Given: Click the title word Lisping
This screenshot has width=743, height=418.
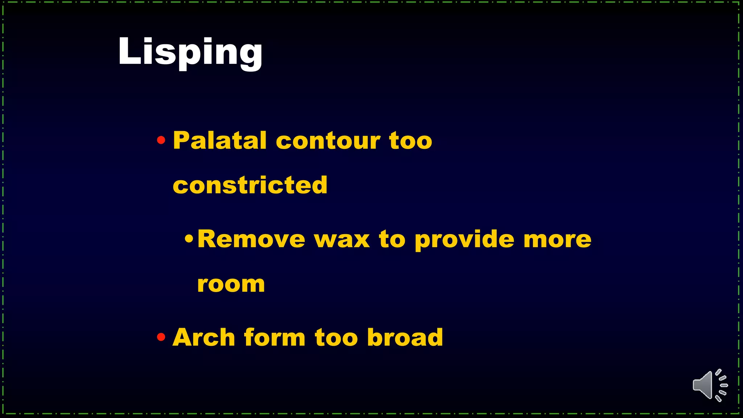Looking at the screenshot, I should [x=190, y=52].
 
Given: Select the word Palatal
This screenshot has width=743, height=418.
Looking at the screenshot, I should [x=220, y=140].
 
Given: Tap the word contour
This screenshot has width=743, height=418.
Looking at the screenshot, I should [x=328, y=141].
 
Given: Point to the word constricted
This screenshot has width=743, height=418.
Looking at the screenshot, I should [x=250, y=185].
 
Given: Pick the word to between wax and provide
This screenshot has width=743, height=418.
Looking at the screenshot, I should [x=392, y=240].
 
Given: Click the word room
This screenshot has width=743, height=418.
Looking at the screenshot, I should [x=231, y=284].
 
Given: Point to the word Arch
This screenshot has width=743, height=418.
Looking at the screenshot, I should [x=204, y=337].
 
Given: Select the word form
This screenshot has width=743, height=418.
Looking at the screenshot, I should [x=275, y=337].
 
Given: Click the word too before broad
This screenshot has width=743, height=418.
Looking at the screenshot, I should [x=336, y=338].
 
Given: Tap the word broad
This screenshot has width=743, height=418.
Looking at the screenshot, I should [x=405, y=337].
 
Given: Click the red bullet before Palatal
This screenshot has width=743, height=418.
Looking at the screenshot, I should [x=161, y=140].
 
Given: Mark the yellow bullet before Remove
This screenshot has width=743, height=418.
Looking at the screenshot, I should [x=189, y=239].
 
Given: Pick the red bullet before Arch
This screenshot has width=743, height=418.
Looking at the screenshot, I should [x=161, y=337].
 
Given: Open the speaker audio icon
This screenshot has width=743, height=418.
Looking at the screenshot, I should [x=709, y=385].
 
